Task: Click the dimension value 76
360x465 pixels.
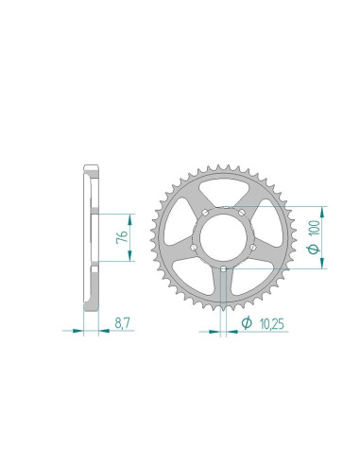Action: (123, 236)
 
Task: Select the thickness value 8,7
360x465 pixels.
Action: (122, 323)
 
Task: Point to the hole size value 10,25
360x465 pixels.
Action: (272, 324)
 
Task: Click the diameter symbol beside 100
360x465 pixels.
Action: (314, 249)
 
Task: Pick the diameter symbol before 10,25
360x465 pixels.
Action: (247, 322)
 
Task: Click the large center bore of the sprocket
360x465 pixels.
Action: (223, 237)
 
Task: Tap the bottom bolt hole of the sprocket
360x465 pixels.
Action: (223, 269)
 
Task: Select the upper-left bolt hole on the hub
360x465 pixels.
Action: (205, 213)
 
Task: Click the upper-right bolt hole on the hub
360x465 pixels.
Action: (242, 213)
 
